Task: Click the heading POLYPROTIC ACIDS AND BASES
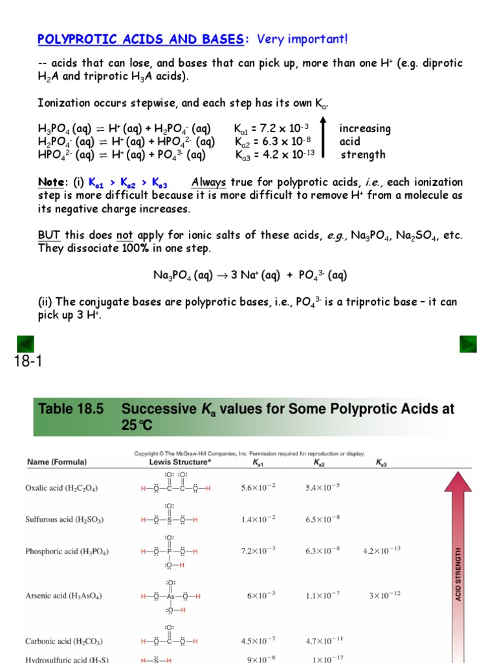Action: click(x=141, y=40)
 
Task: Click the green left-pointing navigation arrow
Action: click(x=25, y=344)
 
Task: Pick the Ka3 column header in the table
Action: click(x=382, y=463)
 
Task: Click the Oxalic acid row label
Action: click(x=62, y=488)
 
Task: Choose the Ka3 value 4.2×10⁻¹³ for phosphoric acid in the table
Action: click(x=382, y=551)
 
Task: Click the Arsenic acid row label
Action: click(x=63, y=595)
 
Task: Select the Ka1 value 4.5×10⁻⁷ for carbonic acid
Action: click(x=258, y=641)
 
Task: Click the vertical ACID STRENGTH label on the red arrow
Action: click(x=459, y=574)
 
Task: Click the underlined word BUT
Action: click(x=49, y=234)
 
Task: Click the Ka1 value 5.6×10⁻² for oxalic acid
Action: click(x=258, y=488)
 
